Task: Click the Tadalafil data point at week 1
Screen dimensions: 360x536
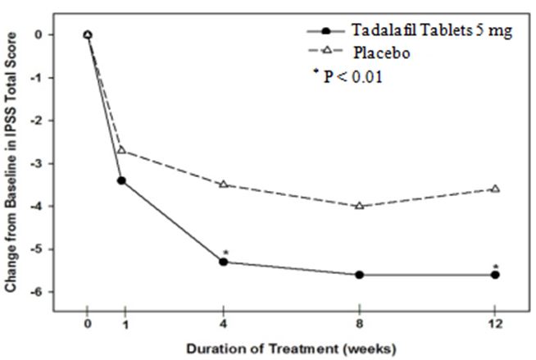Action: click(x=121, y=180)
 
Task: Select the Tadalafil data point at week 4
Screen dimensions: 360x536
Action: click(x=223, y=262)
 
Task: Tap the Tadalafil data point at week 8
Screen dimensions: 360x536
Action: click(x=359, y=275)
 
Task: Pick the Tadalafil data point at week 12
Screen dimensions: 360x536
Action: click(x=495, y=275)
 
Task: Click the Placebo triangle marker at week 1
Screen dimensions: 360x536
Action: click(x=121, y=150)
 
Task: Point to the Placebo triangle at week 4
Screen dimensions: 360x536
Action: click(x=223, y=185)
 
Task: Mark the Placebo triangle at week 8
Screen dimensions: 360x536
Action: click(x=359, y=206)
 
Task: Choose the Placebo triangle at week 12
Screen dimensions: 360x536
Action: click(x=495, y=189)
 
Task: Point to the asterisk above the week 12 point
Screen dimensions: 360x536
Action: click(x=495, y=265)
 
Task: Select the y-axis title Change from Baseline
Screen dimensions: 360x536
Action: click(x=12, y=164)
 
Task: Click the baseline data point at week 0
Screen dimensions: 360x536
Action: click(x=88, y=34)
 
